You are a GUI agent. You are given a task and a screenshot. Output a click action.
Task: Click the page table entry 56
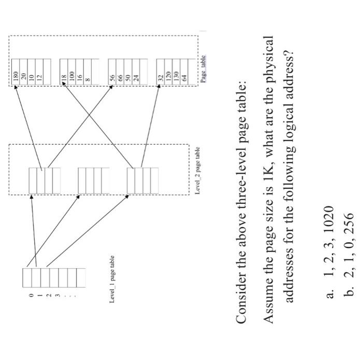pos(111,71)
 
